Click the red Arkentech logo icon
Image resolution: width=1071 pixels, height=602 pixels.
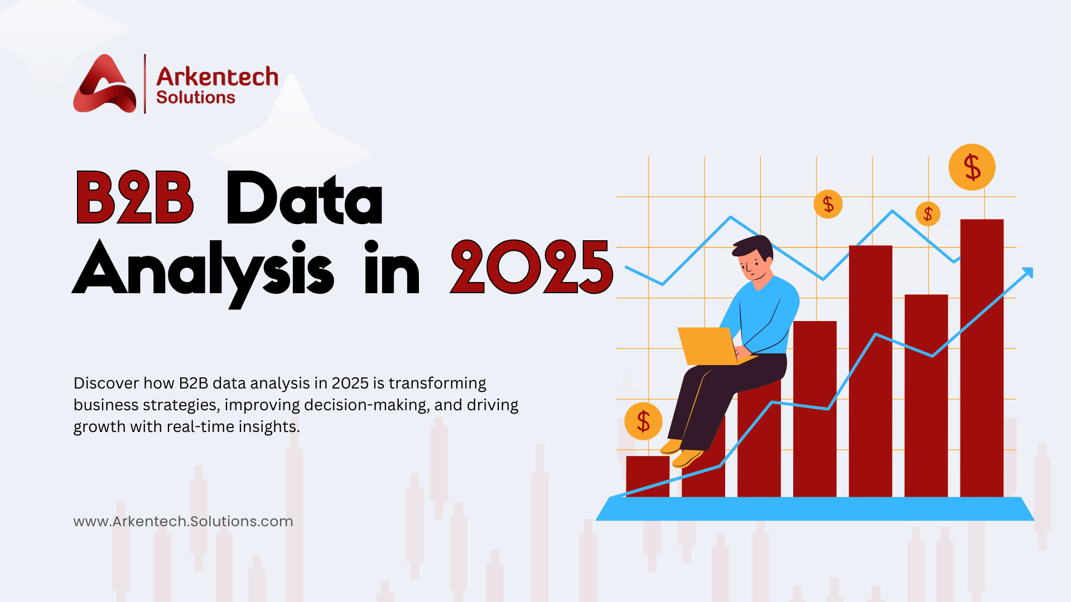click(104, 85)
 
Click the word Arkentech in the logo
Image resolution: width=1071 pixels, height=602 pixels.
click(217, 77)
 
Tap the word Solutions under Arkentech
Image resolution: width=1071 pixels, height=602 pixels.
click(195, 98)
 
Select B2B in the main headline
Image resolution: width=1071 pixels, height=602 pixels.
click(134, 198)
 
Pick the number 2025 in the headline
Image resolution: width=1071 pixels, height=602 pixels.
click(532, 268)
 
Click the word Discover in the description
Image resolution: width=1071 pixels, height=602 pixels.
click(106, 383)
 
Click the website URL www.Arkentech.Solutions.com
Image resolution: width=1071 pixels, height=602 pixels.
click(183, 522)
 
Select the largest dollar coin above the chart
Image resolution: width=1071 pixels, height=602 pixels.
click(972, 167)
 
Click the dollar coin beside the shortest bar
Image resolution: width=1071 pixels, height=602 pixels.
click(643, 421)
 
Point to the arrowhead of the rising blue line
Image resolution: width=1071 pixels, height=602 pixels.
click(1028, 272)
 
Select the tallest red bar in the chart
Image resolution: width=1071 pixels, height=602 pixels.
click(982, 357)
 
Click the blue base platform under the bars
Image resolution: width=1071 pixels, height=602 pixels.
click(814, 509)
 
